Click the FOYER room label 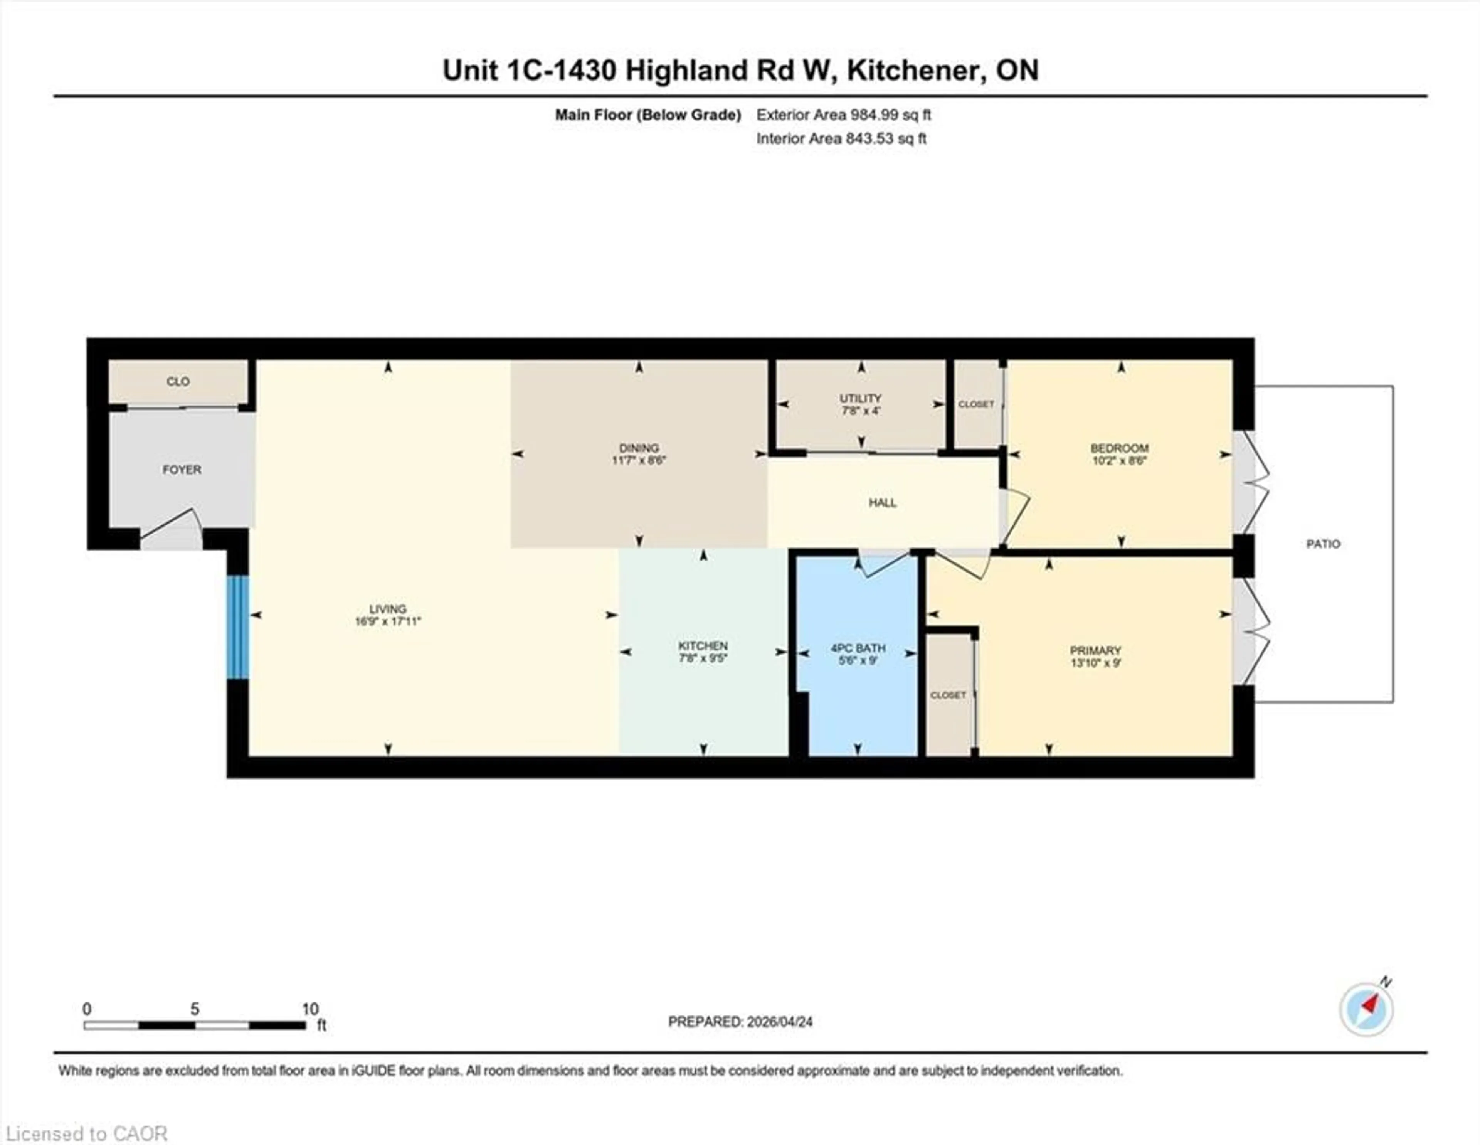click(x=182, y=469)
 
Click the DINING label click(x=638, y=448)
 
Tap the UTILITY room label click(x=861, y=398)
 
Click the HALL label click(x=882, y=502)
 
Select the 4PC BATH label click(x=858, y=648)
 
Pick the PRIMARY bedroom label click(x=1095, y=650)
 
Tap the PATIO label click(x=1323, y=544)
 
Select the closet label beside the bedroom click(x=976, y=404)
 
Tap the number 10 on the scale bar click(x=310, y=1009)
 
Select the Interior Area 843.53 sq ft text click(x=841, y=138)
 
